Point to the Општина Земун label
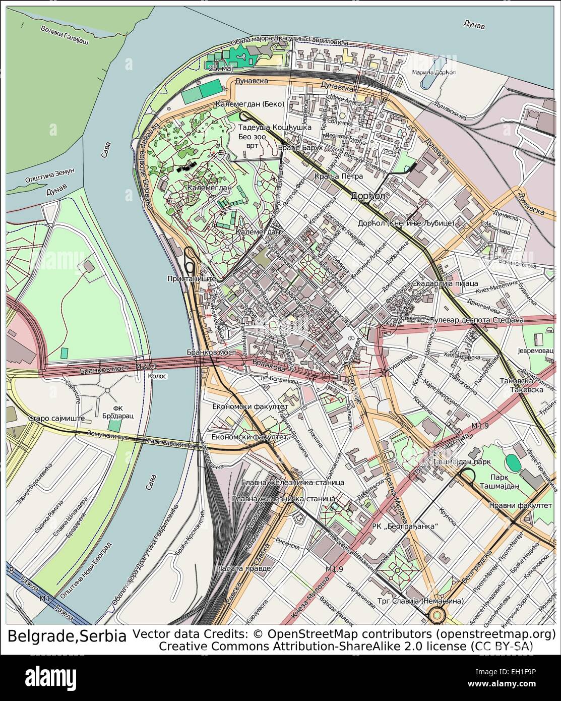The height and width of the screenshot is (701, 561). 50,174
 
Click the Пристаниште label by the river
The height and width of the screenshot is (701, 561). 192,278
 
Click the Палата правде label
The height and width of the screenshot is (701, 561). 243,568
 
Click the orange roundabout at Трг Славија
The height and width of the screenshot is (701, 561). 436,614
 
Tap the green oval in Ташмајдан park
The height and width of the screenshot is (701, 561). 513,461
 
